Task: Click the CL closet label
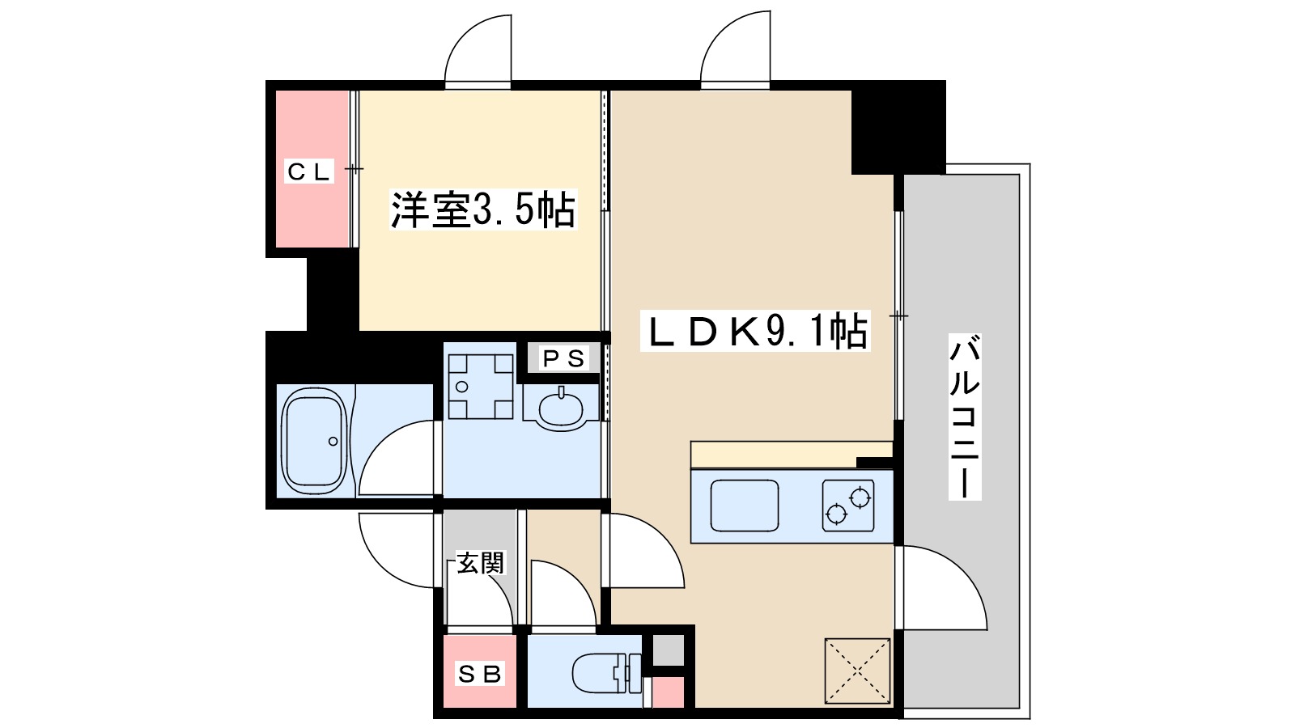pyautogui.click(x=309, y=171)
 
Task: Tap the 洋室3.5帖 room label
pyautogui.click(x=483, y=210)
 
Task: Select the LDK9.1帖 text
pyautogui.click(x=755, y=330)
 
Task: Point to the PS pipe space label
pyautogui.click(x=563, y=358)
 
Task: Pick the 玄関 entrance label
pyautogui.click(x=480, y=563)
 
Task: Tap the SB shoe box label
pyautogui.click(x=480, y=673)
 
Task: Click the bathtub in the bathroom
pyautogui.click(x=314, y=441)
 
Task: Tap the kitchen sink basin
pyautogui.click(x=745, y=504)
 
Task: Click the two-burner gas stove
pyautogui.click(x=848, y=506)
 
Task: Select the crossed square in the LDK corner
pyautogui.click(x=857, y=671)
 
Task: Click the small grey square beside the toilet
pyautogui.click(x=669, y=650)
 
